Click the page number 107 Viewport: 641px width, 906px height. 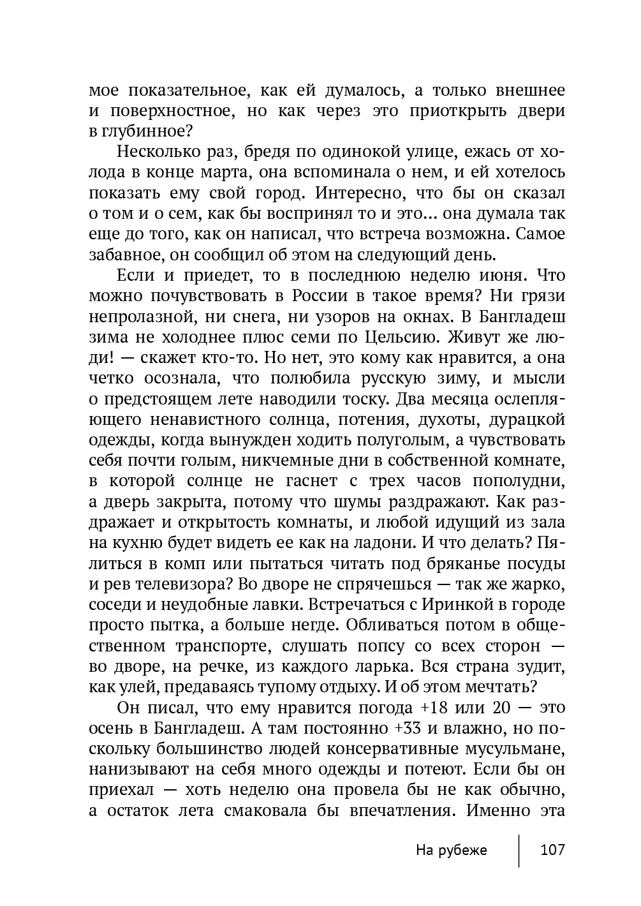552,850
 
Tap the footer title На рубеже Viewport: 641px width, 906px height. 451,850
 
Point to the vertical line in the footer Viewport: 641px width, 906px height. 519,850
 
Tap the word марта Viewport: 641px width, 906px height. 259,172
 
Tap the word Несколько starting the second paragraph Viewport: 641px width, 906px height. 157,152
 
